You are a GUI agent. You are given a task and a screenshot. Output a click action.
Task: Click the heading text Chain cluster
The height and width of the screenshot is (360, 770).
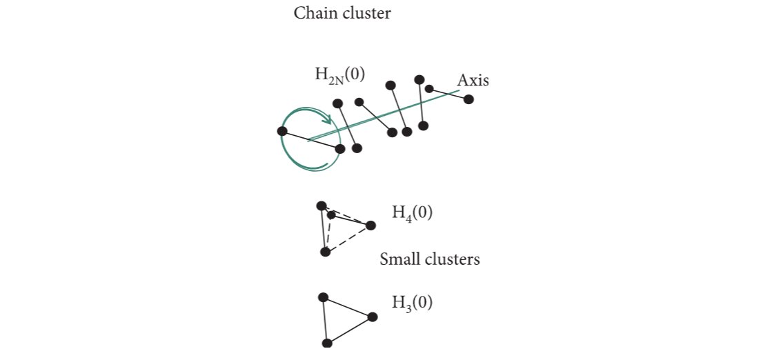342,13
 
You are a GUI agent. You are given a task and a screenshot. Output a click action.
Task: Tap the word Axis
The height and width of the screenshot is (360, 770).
473,80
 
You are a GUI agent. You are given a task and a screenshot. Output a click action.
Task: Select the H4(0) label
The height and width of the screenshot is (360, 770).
413,212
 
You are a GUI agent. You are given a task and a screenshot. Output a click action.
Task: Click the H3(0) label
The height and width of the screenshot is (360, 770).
413,302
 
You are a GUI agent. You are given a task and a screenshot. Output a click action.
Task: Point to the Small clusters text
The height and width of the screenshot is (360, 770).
430,260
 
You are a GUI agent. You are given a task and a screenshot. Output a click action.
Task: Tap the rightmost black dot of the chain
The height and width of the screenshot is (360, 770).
468,99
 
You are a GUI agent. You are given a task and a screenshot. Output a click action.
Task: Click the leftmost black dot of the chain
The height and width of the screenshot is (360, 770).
282,131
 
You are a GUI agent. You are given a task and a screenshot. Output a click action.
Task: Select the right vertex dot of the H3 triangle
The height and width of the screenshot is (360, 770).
373,317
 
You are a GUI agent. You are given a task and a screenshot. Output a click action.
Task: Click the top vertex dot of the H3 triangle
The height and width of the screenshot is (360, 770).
322,297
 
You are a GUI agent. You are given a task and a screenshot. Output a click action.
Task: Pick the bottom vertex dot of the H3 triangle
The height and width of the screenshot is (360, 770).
328,343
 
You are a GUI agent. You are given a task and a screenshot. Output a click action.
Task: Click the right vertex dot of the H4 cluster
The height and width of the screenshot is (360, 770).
371,226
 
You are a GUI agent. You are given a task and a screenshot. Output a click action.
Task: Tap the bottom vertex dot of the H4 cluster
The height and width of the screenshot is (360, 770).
326,252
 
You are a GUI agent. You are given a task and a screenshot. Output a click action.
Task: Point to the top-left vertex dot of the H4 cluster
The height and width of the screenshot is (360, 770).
321,206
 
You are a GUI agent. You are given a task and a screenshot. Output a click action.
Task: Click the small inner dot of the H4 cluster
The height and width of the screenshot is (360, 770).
332,215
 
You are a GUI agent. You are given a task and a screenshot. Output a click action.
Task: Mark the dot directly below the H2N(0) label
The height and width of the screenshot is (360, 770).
337,104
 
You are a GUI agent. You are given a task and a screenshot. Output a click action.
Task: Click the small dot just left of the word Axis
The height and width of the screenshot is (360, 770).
429,89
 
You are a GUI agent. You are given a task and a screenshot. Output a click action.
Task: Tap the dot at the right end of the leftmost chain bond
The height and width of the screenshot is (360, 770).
339,148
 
